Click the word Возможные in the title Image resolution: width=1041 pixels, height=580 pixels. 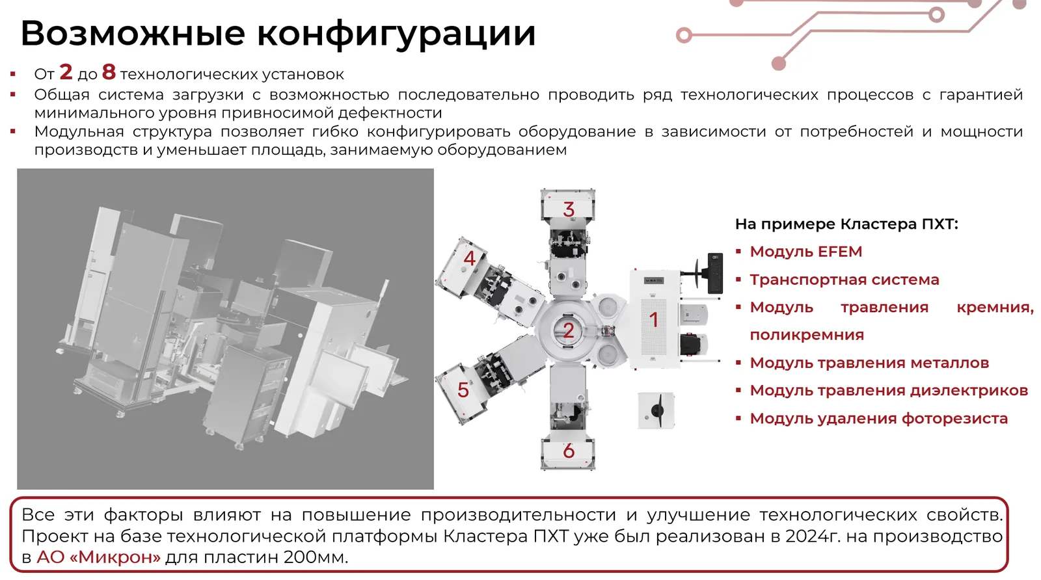click(133, 33)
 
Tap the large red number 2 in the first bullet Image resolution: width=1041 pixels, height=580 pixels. click(66, 72)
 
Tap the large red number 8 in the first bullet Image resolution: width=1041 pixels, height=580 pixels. click(109, 72)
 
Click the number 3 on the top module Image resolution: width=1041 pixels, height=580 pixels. click(569, 209)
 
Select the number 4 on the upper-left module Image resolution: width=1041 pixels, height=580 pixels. click(469, 258)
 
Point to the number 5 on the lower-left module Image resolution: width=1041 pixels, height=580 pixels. click(463, 390)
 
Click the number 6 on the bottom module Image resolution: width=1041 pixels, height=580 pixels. click(569, 451)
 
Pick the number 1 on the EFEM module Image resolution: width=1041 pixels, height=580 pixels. click(654, 319)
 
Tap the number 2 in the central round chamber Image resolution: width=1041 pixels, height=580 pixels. click(569, 330)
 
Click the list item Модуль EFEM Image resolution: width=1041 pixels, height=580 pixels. click(806, 252)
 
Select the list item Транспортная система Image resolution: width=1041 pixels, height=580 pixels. click(845, 280)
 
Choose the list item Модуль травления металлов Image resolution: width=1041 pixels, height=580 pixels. click(869, 363)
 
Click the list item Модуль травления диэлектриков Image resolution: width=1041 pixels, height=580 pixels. click(889, 391)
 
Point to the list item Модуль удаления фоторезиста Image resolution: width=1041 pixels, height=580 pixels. click(879, 419)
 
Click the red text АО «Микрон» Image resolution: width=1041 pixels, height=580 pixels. click(98, 557)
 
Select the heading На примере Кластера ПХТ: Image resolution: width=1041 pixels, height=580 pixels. click(846, 224)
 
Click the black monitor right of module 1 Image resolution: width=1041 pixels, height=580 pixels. click(715, 273)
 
